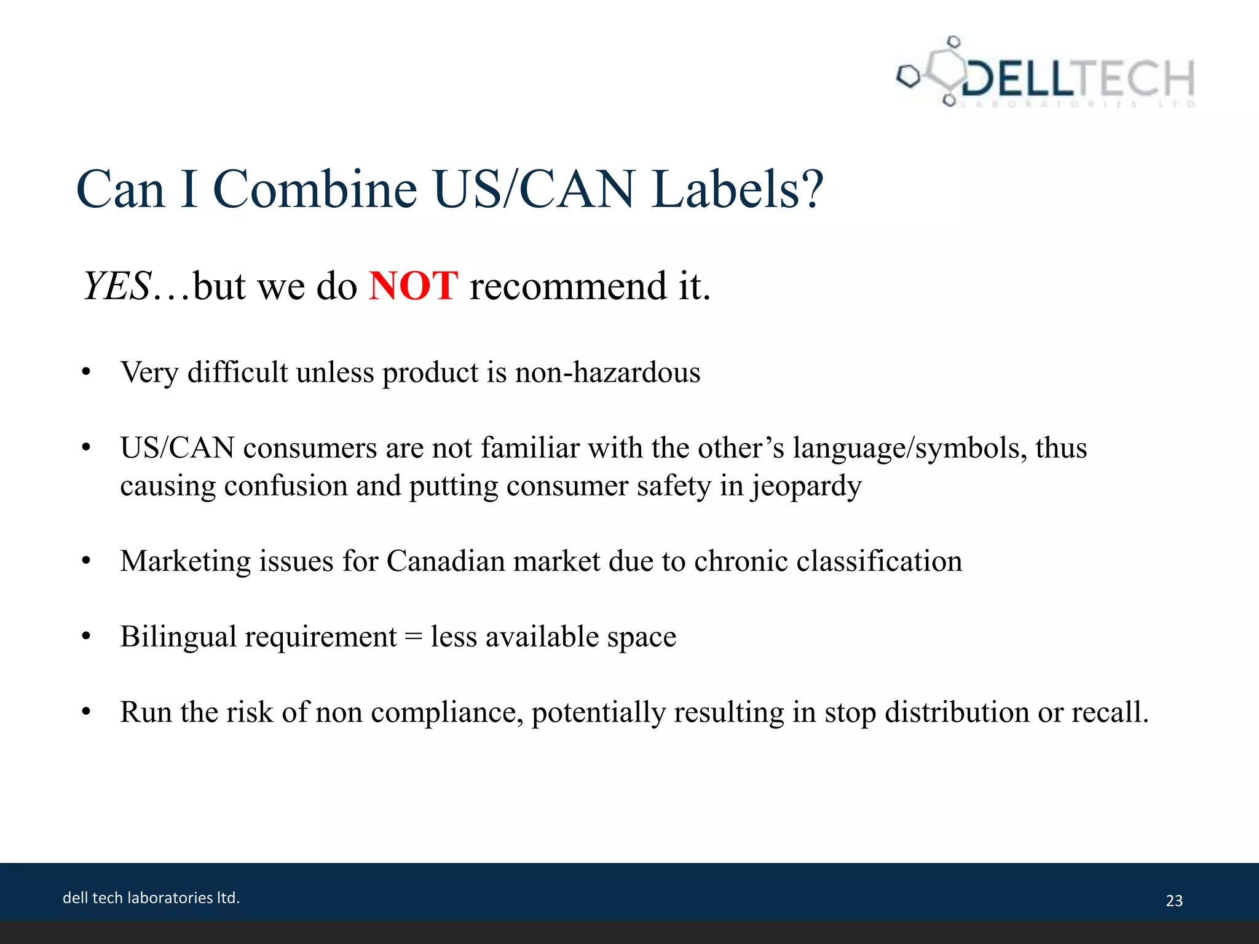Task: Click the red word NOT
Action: coord(413,286)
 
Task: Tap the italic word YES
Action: coord(117,286)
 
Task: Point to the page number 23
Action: coord(1174,901)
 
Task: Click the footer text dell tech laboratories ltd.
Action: coord(151,898)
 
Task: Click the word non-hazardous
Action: coord(607,372)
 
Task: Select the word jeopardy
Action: coord(805,486)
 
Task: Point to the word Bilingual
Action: coord(178,637)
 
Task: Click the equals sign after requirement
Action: coord(413,637)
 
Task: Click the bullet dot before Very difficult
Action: coord(86,373)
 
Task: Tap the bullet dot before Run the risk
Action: coord(86,713)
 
